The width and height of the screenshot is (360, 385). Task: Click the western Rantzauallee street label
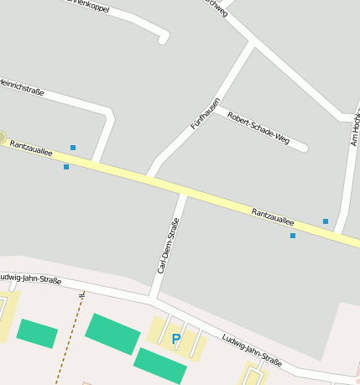click(29, 149)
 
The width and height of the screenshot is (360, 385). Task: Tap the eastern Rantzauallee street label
click(273, 216)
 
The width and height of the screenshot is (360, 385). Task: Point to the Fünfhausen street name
click(206, 113)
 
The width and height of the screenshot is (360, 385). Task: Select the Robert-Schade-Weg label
click(258, 127)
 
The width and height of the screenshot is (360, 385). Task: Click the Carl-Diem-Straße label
click(169, 245)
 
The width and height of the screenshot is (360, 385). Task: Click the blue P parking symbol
click(175, 339)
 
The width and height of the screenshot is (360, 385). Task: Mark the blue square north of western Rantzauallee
click(73, 148)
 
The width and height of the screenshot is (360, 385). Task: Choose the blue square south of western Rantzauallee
click(66, 167)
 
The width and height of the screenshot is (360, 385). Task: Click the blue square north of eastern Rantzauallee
click(326, 221)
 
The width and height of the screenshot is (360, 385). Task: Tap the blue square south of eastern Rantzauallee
click(293, 236)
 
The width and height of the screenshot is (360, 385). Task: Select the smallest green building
click(37, 333)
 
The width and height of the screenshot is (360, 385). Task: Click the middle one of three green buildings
click(112, 333)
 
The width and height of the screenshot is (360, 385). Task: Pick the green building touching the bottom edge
click(159, 366)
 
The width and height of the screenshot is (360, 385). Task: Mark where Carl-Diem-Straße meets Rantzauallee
click(183, 193)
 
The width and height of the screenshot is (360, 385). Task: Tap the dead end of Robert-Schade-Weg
click(304, 148)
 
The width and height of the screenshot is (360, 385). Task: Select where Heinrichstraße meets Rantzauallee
click(97, 159)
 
